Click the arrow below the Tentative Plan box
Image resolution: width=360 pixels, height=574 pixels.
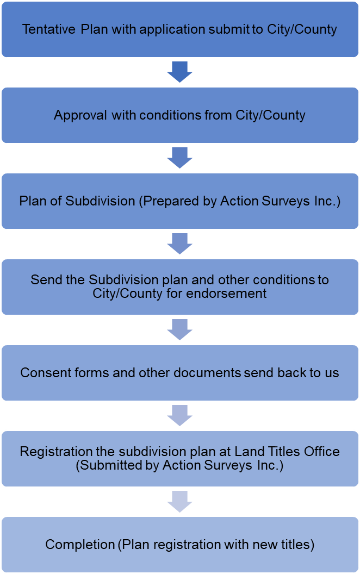point(180,72)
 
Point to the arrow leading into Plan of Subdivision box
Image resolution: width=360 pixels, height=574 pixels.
point(180,158)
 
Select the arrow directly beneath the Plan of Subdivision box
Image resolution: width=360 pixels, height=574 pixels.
point(180,244)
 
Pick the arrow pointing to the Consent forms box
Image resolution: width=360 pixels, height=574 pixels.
point(180,329)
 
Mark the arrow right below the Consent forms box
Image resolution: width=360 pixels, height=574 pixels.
point(180,416)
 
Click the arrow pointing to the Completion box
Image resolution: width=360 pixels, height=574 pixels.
point(180,501)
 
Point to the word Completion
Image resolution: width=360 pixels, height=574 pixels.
point(77,544)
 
